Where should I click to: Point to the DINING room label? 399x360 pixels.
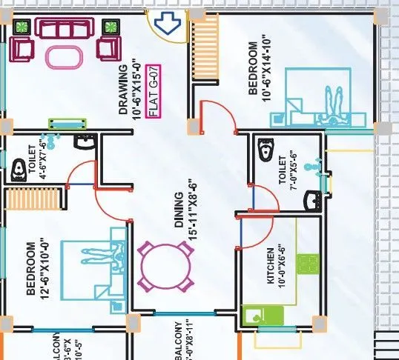[x=178, y=216]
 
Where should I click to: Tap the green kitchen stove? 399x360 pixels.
[x=307, y=263]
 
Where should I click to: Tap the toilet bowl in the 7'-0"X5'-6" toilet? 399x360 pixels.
[x=263, y=152]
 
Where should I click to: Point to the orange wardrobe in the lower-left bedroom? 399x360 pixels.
[x=32, y=199]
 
